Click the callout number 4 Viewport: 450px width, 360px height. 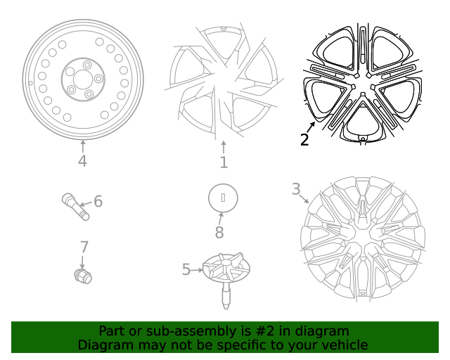coord(83,162)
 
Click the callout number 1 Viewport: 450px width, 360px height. coord(224,163)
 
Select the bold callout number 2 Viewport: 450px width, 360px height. coord(304,139)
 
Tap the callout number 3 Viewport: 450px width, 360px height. coord(296,188)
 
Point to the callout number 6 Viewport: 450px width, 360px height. coord(98,202)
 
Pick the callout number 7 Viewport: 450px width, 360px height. coord(84,247)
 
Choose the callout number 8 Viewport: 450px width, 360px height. coord(219,233)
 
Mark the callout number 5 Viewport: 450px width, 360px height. coord(186,269)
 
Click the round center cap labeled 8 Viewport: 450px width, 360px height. coord(224,198)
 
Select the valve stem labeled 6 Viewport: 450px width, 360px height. coord(76,207)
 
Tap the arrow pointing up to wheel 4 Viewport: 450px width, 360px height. coord(83,146)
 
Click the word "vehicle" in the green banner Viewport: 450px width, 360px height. coord(345,345)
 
